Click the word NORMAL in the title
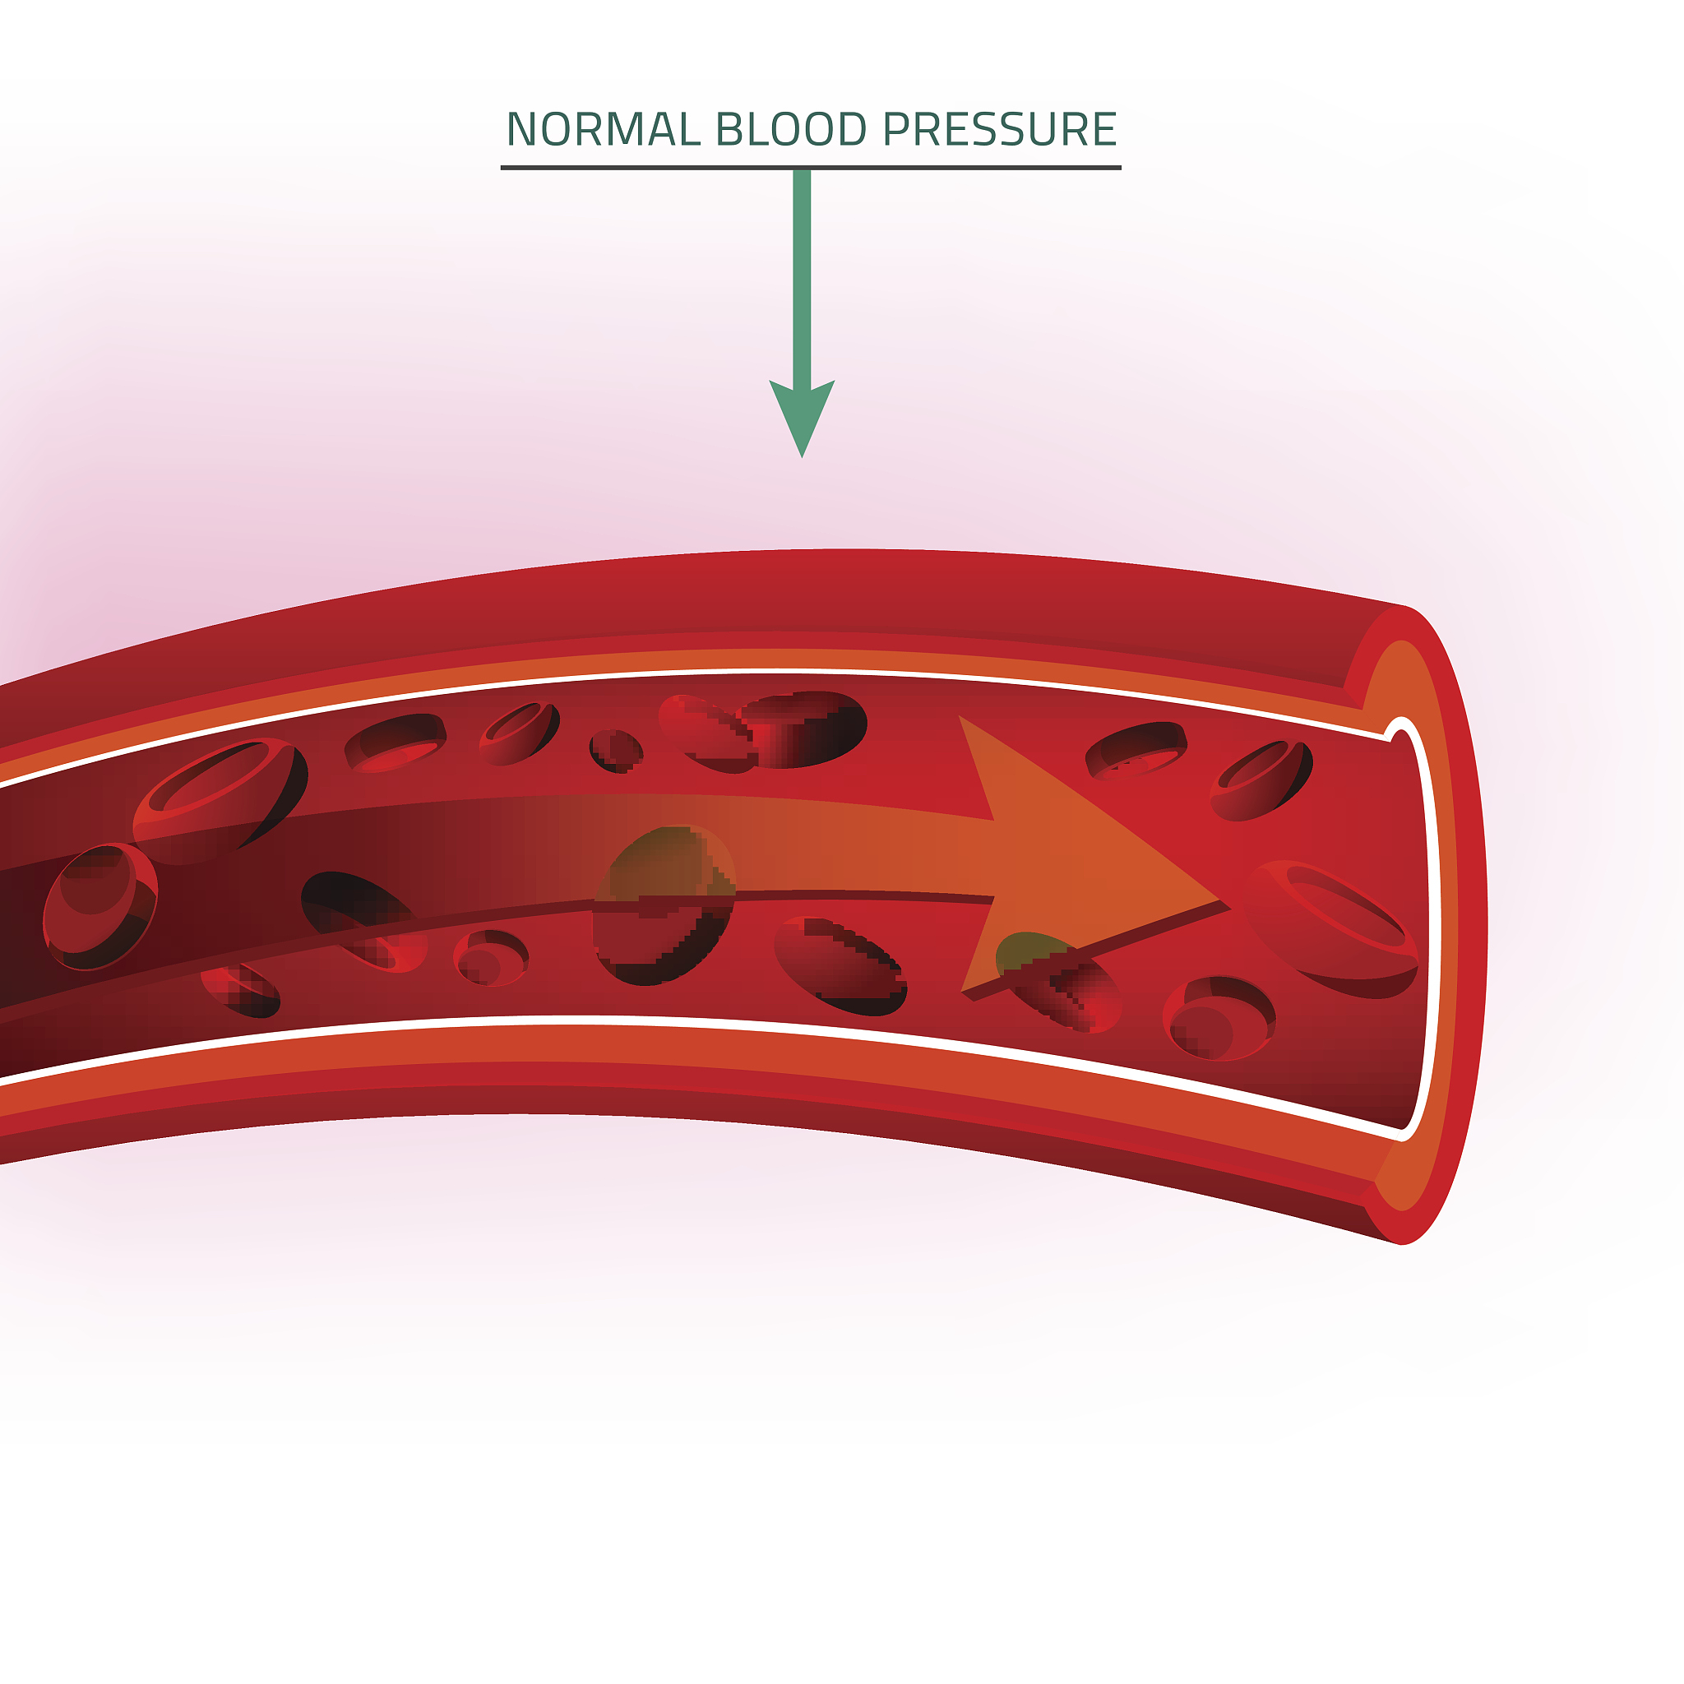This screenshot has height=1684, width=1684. tap(604, 130)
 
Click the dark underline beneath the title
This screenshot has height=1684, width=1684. tap(811, 168)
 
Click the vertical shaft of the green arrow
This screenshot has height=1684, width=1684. tap(802, 279)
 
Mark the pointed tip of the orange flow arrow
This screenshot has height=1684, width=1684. tap(1217, 898)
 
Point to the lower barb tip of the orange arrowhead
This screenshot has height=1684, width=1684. tap(962, 990)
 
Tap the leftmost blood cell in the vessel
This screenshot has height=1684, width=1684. tap(99, 906)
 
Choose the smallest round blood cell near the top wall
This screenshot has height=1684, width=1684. tap(616, 752)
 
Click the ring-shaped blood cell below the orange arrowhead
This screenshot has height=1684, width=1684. tap(1219, 1018)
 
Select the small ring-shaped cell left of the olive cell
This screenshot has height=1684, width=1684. tap(492, 958)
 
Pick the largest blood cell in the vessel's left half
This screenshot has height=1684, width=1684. tap(220, 800)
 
